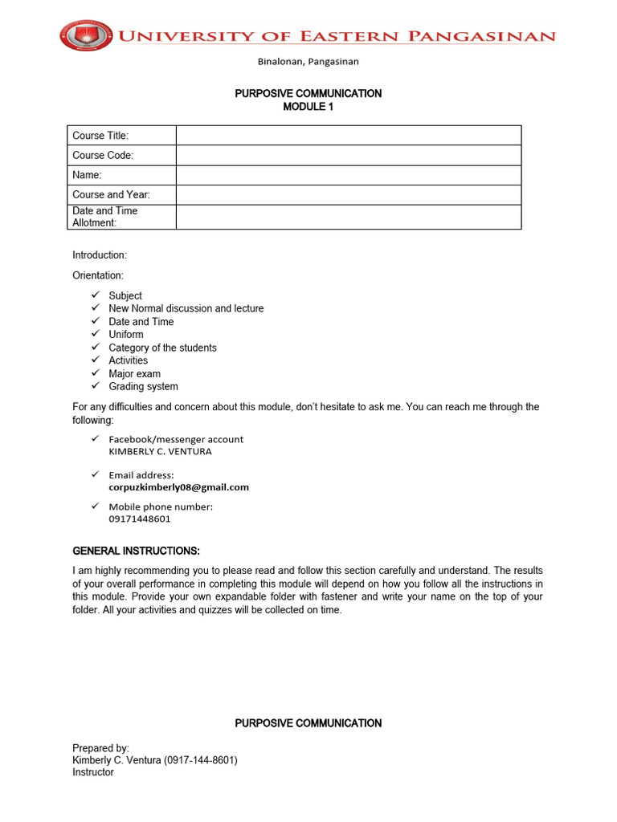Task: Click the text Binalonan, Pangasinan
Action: [308, 61]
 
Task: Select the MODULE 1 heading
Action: [308, 107]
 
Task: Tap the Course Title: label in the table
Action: [100, 136]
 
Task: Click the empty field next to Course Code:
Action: [348, 155]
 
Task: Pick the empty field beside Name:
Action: [348, 175]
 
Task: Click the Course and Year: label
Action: [111, 195]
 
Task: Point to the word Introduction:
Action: [100, 255]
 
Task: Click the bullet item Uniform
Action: [126, 335]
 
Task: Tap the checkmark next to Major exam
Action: [96, 373]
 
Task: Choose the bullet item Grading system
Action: [143, 387]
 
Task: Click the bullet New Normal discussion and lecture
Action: [186, 308]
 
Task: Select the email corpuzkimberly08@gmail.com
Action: [178, 487]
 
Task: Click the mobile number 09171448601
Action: [140, 519]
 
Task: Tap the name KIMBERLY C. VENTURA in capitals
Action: [160, 451]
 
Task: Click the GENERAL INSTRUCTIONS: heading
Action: [136, 551]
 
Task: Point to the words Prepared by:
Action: [100, 748]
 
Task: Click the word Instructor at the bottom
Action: [93, 772]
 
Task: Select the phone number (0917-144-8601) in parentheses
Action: [201, 760]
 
